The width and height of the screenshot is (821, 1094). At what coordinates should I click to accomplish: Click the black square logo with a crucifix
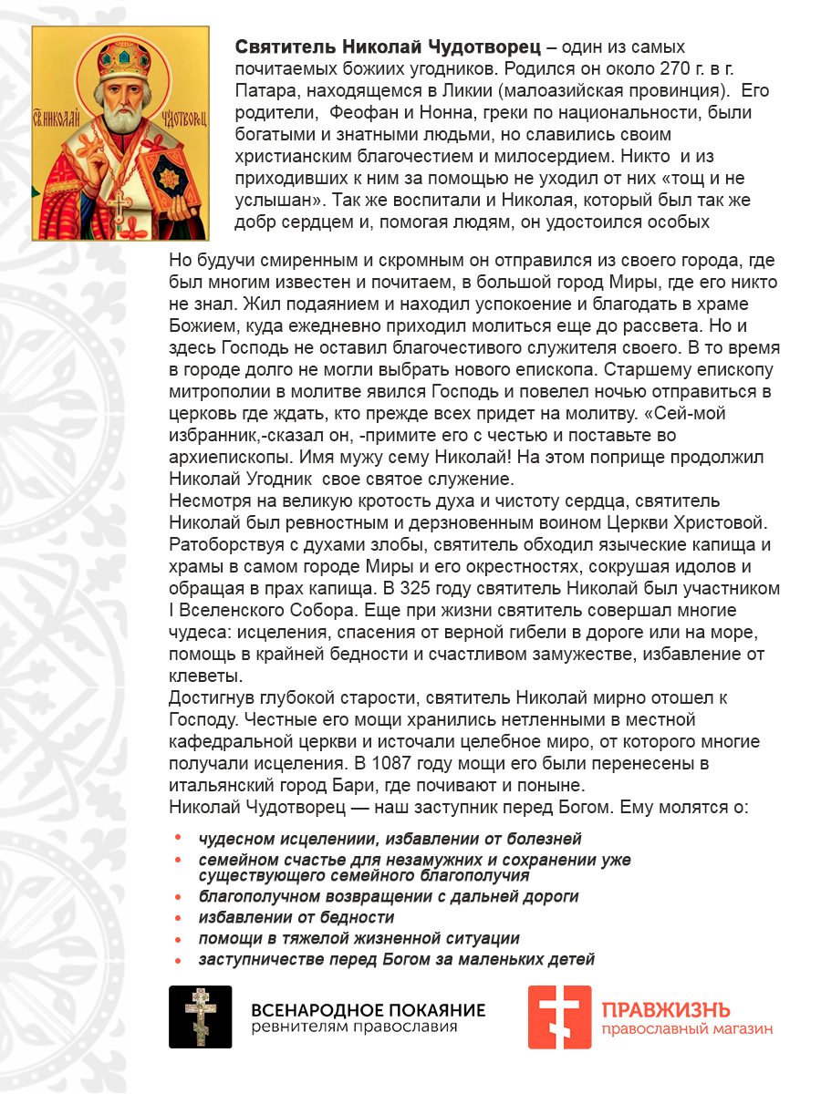[201, 1017]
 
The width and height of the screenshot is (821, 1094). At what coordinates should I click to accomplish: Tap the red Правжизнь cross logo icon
[559, 1017]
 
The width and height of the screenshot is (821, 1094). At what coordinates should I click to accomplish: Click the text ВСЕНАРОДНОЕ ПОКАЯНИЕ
[369, 1010]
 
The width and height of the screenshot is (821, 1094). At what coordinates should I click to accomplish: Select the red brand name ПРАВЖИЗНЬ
[665, 1010]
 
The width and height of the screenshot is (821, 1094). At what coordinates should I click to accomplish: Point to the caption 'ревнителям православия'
[355, 1027]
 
